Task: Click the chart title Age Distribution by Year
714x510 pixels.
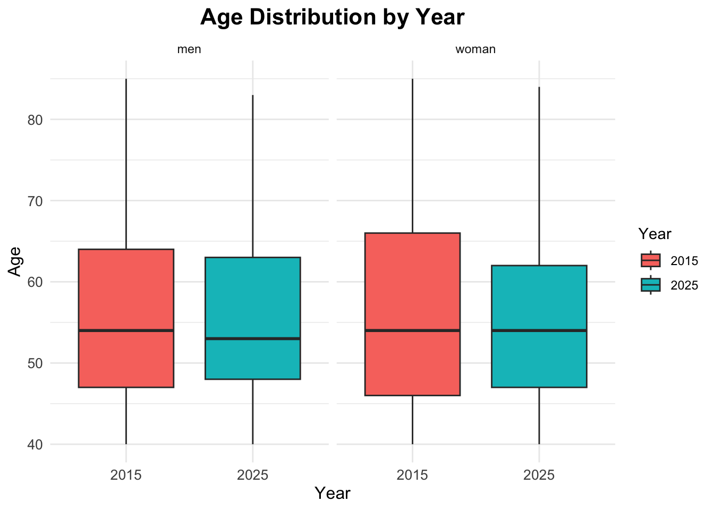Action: coord(332,17)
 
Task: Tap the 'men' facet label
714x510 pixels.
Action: coord(189,49)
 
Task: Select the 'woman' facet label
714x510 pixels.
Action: coord(475,49)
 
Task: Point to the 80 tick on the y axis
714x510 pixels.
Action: coord(35,120)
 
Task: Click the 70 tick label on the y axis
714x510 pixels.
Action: coord(35,201)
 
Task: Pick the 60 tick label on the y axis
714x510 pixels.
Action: coord(35,282)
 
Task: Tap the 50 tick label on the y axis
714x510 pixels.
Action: coord(35,363)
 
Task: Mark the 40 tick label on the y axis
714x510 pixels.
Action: coord(35,444)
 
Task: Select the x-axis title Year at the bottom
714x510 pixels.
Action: coord(333,494)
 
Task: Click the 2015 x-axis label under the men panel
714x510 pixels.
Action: coord(126,474)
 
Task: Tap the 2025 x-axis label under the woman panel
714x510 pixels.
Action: coord(539,474)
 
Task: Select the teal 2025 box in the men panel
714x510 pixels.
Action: coord(252,303)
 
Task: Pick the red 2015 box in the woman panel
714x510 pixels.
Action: coord(412,297)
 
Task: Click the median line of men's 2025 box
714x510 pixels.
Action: coord(252,338)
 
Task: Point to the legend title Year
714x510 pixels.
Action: coord(655,234)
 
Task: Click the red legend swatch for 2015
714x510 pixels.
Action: coord(651,260)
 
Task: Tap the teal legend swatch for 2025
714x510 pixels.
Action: coord(651,285)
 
